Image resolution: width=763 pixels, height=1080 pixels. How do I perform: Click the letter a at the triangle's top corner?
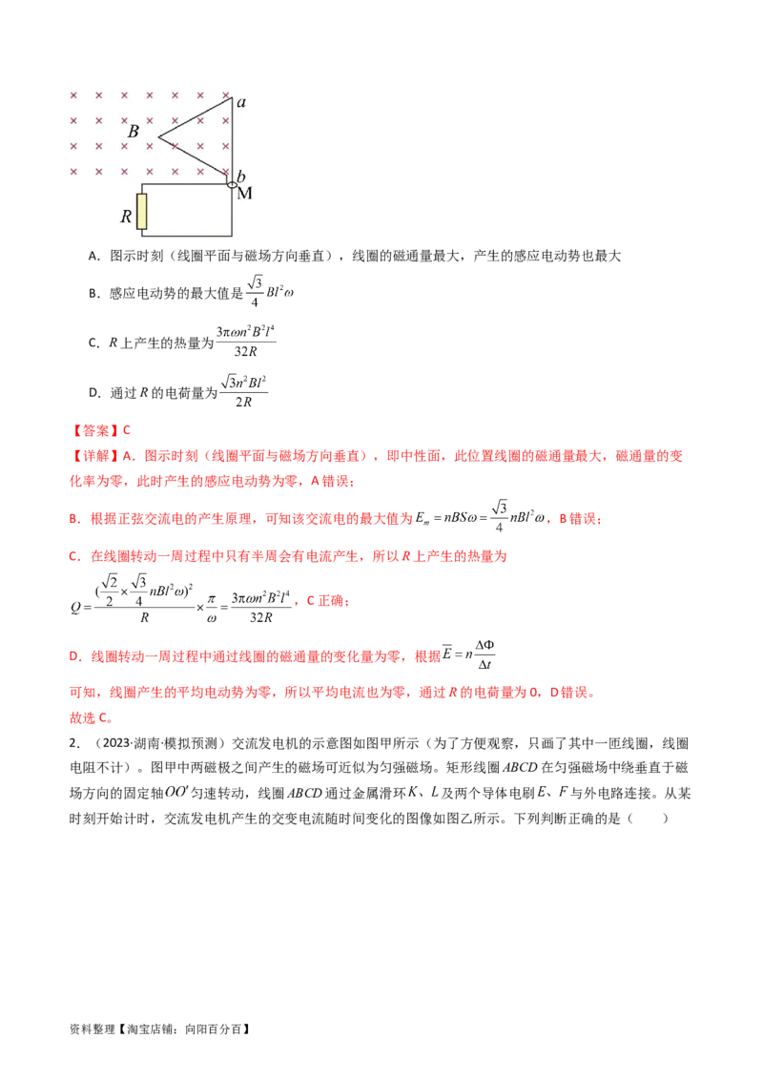coord(241,102)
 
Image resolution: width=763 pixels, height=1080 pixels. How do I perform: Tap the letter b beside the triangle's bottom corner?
coord(241,176)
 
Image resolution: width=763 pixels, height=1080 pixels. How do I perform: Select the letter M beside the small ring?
coord(244,194)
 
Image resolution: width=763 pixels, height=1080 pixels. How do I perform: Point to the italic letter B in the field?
coord(134,132)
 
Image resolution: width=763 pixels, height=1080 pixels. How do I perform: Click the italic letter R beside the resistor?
coord(125,217)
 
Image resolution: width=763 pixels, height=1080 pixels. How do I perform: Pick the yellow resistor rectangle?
coord(142,212)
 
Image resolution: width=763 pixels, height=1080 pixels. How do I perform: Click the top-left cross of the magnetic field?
coord(73,95)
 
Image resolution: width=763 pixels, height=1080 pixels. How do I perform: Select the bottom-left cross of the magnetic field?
coord(73,171)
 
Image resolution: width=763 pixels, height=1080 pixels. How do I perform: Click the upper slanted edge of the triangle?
coord(196,118)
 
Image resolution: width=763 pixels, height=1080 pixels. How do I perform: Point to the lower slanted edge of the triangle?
coord(196,159)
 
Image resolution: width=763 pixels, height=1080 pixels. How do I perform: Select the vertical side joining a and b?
coord(233,138)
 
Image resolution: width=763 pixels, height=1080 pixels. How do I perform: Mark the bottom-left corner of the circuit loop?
coord(142,234)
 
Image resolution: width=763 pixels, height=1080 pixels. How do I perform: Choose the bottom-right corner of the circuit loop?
coord(233,234)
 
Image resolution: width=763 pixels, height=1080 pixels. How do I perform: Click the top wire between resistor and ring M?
coord(187,184)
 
